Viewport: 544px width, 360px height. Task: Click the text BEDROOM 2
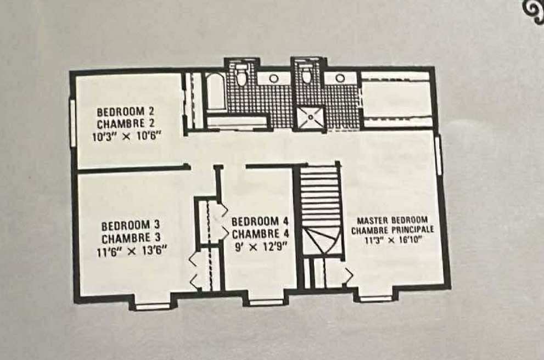click(125, 112)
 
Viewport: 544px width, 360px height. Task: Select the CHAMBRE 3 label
click(131, 238)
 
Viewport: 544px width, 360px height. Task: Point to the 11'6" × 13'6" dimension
click(132, 251)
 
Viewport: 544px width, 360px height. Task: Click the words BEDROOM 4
click(260, 222)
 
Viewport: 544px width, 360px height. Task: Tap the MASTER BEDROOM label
click(392, 220)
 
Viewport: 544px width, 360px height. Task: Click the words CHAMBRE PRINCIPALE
click(392, 230)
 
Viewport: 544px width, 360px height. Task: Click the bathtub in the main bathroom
click(215, 91)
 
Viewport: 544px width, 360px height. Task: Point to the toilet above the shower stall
click(306, 74)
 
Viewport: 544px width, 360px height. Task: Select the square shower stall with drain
click(311, 117)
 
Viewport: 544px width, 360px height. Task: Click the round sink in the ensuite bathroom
click(340, 78)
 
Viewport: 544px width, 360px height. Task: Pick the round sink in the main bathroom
click(274, 78)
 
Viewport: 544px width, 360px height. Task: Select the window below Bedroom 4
click(266, 303)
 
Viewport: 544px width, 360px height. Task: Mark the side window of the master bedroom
click(438, 154)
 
